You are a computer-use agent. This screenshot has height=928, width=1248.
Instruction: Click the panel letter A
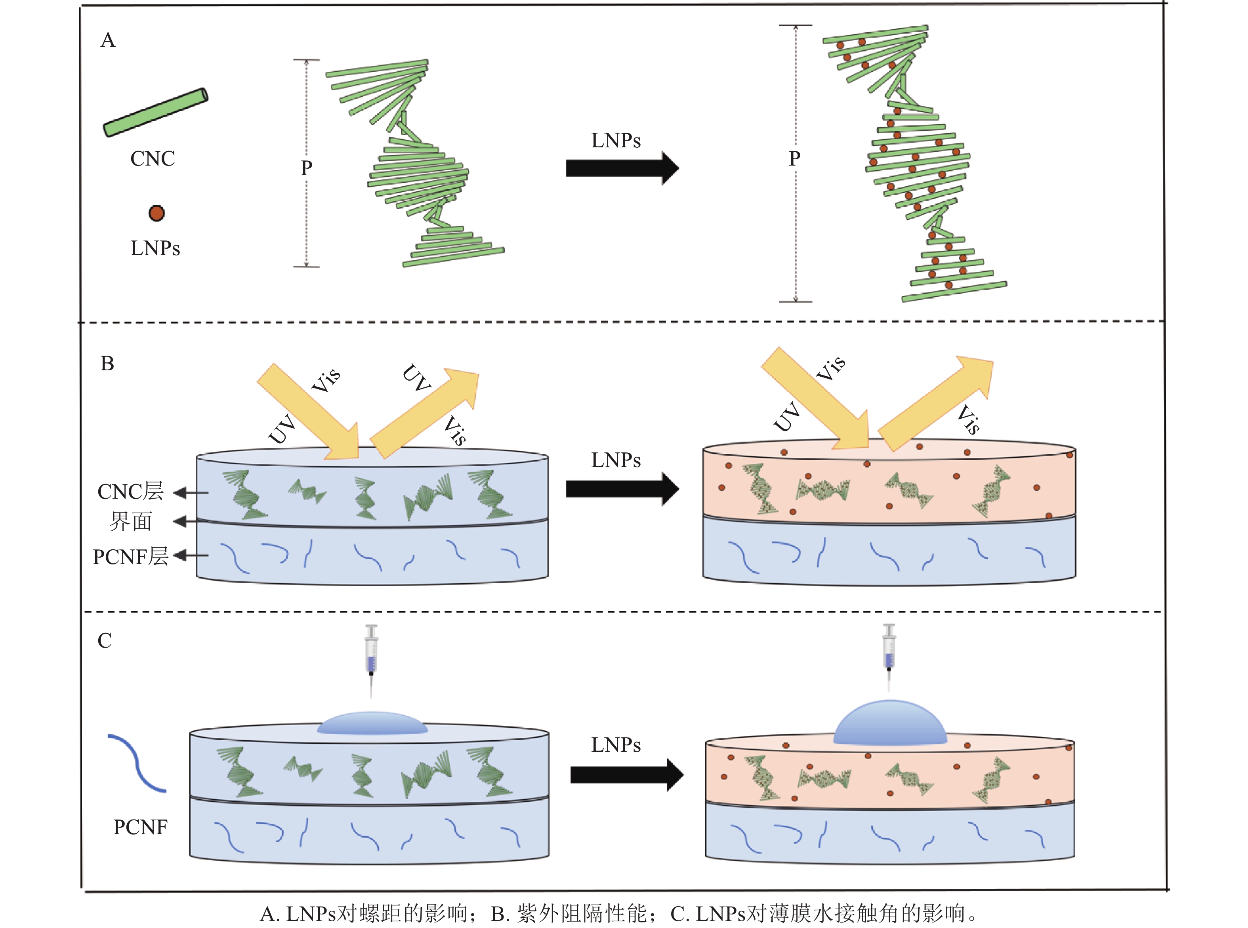coord(108,40)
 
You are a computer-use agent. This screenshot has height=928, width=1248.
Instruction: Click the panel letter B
coord(107,364)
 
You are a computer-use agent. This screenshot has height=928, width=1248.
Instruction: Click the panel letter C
coord(105,640)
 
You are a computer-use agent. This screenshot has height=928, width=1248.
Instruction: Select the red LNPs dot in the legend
coord(156,213)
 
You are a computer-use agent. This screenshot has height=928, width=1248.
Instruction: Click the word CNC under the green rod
coord(152,159)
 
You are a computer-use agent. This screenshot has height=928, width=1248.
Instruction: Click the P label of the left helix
coord(306,168)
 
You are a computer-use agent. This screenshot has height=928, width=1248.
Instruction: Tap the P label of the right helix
coord(794,159)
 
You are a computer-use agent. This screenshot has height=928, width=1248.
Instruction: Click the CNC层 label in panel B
coord(130,492)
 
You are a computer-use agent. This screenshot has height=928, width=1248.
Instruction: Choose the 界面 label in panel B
coord(131,522)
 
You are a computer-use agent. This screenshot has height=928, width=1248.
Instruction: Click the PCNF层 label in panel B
coord(130,557)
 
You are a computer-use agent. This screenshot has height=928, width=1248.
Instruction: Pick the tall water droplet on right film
coord(889,723)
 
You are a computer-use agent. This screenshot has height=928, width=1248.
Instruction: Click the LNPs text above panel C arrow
coord(616,745)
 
